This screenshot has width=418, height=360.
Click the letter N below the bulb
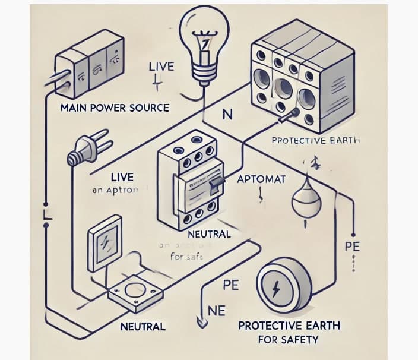click(226, 115)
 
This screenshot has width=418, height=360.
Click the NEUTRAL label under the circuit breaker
click(208, 234)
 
